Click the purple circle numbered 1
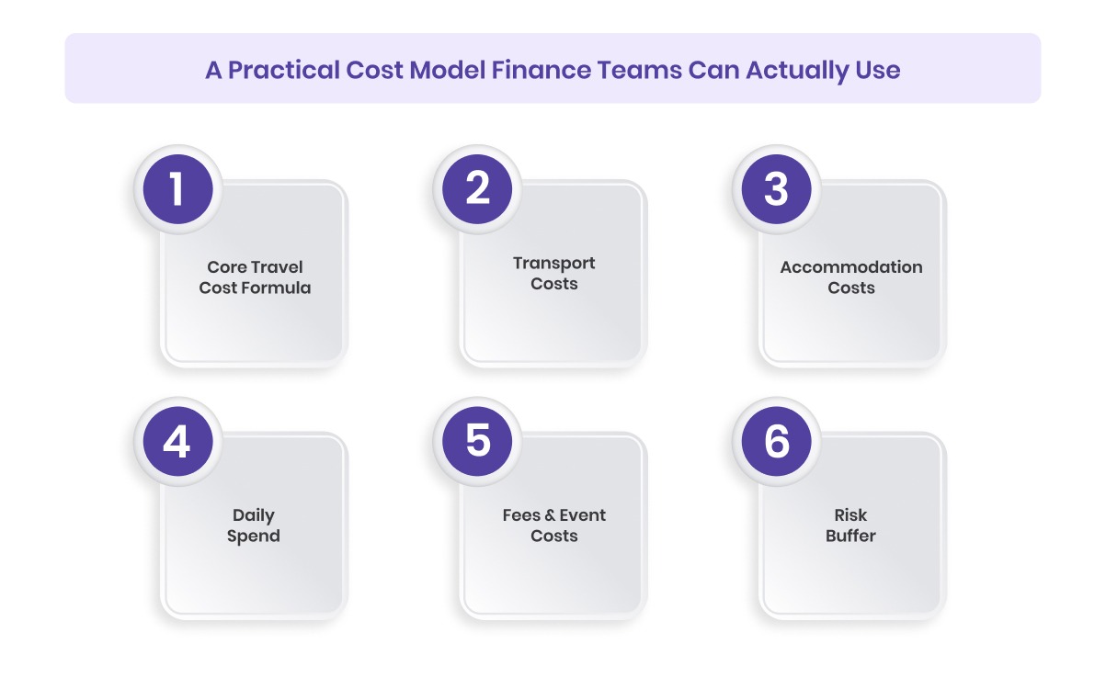pyautogui.click(x=177, y=190)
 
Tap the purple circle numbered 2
pyautogui.click(x=477, y=190)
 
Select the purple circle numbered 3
pyautogui.click(x=777, y=190)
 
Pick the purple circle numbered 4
pyautogui.click(x=177, y=442)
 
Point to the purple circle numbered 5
pyautogui.click(x=477, y=442)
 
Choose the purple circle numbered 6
pyautogui.click(x=777, y=442)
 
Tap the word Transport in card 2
pyautogui.click(x=554, y=263)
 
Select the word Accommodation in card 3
pyautogui.click(x=851, y=267)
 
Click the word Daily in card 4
pyautogui.click(x=254, y=515)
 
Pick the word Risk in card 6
pyautogui.click(x=851, y=515)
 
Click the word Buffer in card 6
pyautogui.click(x=851, y=536)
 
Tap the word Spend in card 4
pyautogui.click(x=254, y=536)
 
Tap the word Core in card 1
pyautogui.click(x=226, y=267)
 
